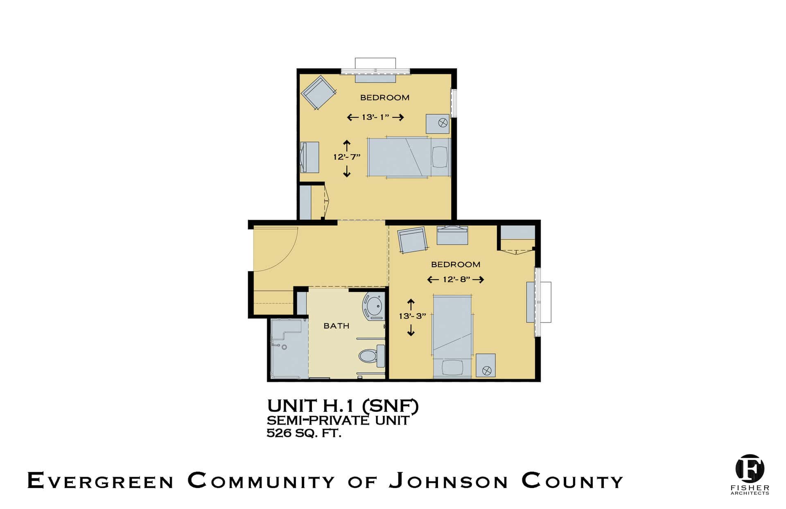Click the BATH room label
[x=337, y=326]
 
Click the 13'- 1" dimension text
[x=375, y=117]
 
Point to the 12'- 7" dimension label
[x=347, y=157]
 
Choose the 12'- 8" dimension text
[x=456, y=279]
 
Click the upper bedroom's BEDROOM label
[x=385, y=98]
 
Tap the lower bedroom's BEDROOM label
[x=456, y=264]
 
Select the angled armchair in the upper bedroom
[x=319, y=92]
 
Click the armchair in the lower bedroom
[x=413, y=240]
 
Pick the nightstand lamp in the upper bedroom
[x=443, y=122]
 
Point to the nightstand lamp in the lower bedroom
[x=487, y=370]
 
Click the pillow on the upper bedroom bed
[x=440, y=157]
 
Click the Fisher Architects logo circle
[x=750, y=468]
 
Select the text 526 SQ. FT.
[x=304, y=433]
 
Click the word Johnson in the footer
[x=448, y=481]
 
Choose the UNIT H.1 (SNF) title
[x=343, y=406]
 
